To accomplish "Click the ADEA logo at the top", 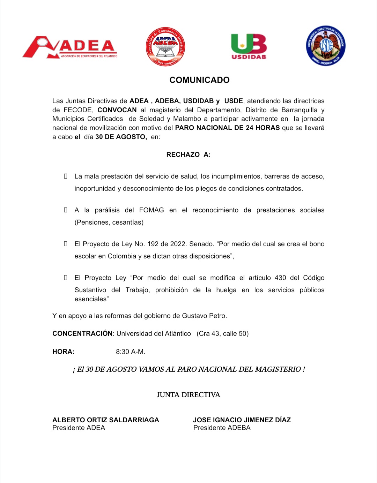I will tap(70, 47).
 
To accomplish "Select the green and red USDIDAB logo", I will tap(249, 47).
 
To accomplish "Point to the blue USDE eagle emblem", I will tap(326, 46).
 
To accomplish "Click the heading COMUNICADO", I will tap(199, 80).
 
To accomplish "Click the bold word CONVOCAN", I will tap(117, 110).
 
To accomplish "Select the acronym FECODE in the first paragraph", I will tap(78, 110).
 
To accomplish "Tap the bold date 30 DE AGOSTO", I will tap(121, 137).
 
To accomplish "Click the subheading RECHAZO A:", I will tap(188, 154).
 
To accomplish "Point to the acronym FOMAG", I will tap(151, 210).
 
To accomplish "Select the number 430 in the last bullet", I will tap(280, 278).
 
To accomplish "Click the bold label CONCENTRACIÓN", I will tap(82, 333).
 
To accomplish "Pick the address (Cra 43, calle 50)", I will tap(222, 333).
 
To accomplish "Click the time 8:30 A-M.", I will tap(131, 352).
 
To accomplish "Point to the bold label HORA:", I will tap(63, 352).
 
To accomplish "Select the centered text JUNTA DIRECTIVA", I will tap(188, 395).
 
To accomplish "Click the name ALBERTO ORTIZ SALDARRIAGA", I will tap(105, 420).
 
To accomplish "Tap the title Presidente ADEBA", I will tap(222, 428).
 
